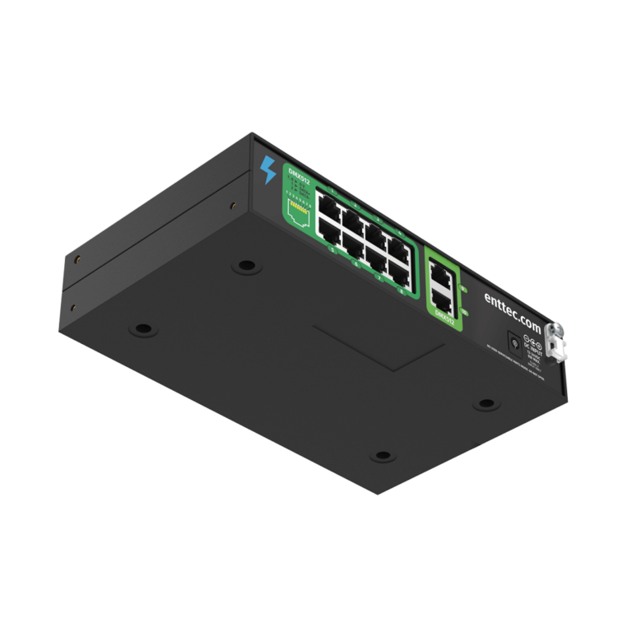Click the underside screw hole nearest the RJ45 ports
click(x=244, y=266)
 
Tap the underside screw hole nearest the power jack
click(x=486, y=403)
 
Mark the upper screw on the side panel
click(x=76, y=258)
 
